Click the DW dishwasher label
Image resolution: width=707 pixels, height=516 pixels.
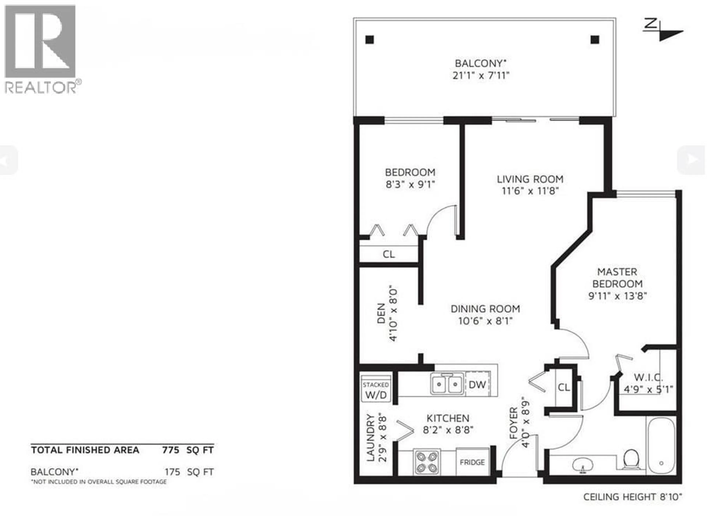tap(477, 385)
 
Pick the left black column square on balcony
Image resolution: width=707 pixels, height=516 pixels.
tap(370, 40)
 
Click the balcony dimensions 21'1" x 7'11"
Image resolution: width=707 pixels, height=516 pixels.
tap(481, 76)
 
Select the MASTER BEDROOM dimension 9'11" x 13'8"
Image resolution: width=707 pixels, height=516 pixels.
tap(617, 296)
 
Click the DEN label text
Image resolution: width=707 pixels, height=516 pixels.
tap(381, 313)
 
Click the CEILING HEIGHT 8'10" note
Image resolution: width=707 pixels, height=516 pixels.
tap(633, 497)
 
